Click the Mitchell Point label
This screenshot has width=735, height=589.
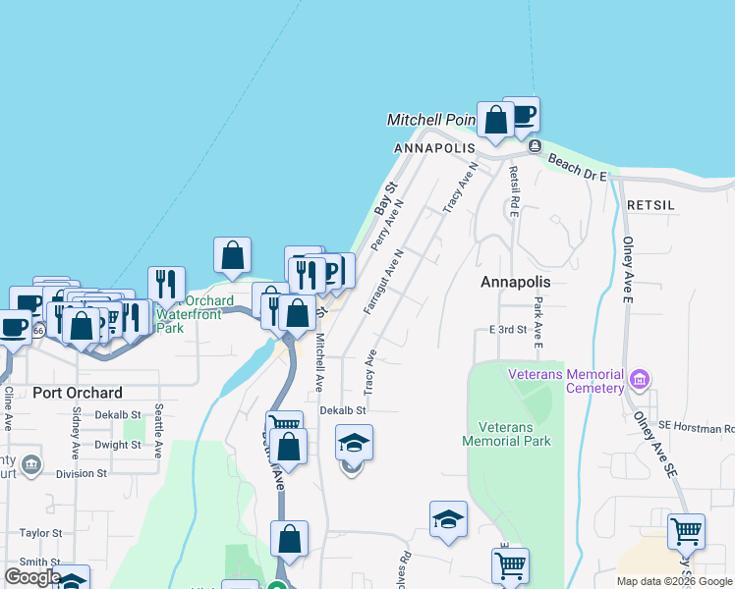tap(430, 120)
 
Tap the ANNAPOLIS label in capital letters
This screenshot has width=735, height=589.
tap(427, 148)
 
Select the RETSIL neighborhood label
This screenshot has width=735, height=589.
tap(650, 205)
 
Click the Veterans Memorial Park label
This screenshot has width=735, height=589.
tap(507, 434)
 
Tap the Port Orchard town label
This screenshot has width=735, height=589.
tap(78, 393)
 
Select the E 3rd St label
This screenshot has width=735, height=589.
tap(508, 330)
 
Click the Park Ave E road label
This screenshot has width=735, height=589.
tap(538, 325)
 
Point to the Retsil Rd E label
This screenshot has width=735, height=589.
tap(513, 190)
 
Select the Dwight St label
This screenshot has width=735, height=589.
tap(118, 445)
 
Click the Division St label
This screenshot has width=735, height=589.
tap(81, 473)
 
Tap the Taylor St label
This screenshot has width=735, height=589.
tap(40, 533)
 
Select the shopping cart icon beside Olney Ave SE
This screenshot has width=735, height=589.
tap(686, 532)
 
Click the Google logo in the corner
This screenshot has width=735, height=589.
tap(32, 577)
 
